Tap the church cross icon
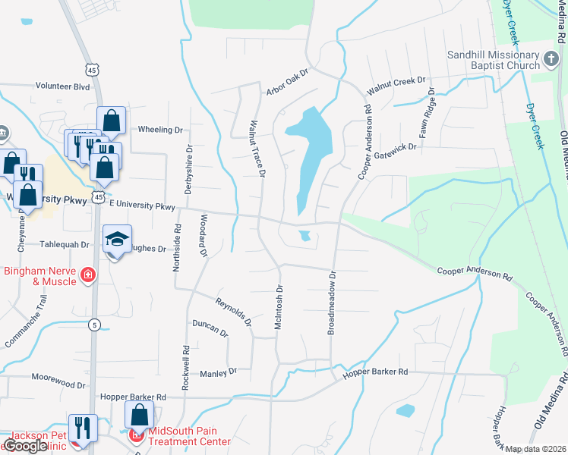[x=552, y=57]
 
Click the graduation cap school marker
[x=117, y=239]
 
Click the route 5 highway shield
[x=93, y=325]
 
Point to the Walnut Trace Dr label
[x=258, y=148]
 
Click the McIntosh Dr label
[x=279, y=307]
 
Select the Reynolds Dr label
[x=233, y=312]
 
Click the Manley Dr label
[x=218, y=372]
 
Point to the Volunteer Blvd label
[x=62, y=86]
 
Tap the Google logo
[x=26, y=447]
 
